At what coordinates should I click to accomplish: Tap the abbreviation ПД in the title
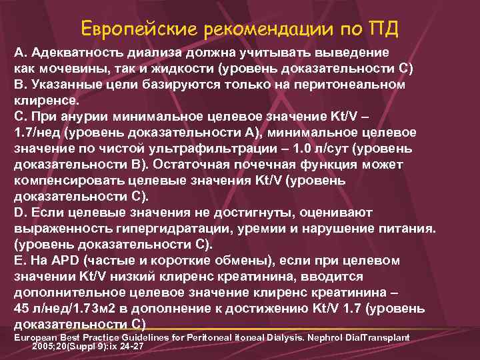pyautogui.click(x=383, y=29)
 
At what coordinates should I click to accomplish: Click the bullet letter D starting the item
pyautogui.click(x=19, y=213)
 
